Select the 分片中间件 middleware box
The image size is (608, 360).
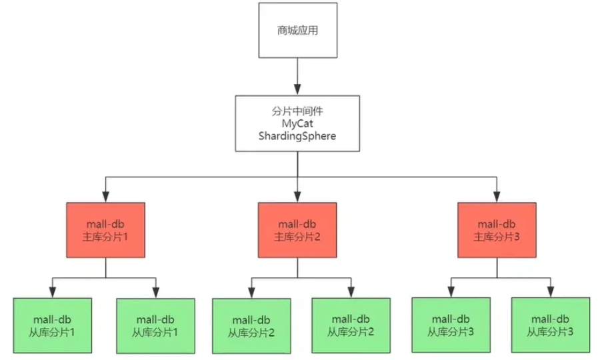pyautogui.click(x=297, y=123)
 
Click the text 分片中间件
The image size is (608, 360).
pyautogui.click(x=297, y=111)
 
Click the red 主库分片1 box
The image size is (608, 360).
pyautogui.click(x=106, y=229)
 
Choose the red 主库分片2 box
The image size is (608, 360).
pyautogui.click(x=297, y=229)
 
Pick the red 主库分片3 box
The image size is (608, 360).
pyautogui.click(x=497, y=229)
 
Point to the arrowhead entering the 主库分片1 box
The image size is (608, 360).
pyautogui.click(x=106, y=197)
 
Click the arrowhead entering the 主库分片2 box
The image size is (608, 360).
pyautogui.click(x=297, y=197)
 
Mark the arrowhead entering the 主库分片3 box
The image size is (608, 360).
pyautogui.click(x=497, y=197)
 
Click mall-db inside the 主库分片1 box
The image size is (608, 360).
pyautogui.click(x=106, y=224)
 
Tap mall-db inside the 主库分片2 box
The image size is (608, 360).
pyautogui.click(x=297, y=224)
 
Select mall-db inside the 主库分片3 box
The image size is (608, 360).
pyautogui.click(x=497, y=224)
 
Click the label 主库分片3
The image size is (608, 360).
pyautogui.click(x=497, y=237)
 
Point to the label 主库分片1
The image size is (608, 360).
pyautogui.click(x=106, y=237)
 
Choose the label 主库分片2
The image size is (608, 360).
pyautogui.click(x=297, y=237)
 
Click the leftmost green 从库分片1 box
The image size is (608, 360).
pyautogui.click(x=53, y=325)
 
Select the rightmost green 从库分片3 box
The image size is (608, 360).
pyautogui.click(x=551, y=325)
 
